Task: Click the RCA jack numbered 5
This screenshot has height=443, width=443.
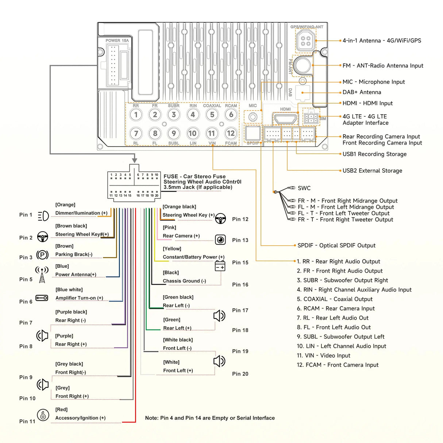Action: [212, 115]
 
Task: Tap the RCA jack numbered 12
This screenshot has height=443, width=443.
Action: [231, 134]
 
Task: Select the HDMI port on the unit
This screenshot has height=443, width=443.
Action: [285, 119]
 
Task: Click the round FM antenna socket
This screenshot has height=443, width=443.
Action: [302, 65]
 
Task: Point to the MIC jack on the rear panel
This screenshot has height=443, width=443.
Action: [253, 117]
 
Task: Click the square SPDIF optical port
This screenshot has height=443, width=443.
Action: [253, 134]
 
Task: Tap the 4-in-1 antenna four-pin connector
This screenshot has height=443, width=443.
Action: [305, 41]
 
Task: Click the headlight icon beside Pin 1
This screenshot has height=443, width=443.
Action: [43, 216]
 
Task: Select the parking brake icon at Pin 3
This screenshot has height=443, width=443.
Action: [43, 255]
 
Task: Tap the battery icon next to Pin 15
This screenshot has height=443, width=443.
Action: [220, 265]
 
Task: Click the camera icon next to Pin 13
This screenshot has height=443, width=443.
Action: [220, 239]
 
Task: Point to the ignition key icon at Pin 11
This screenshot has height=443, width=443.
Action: [43, 415]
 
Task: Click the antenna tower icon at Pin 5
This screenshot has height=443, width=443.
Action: [42, 275]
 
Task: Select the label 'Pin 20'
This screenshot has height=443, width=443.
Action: [240, 374]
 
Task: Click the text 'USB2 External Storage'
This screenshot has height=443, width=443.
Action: [372, 170]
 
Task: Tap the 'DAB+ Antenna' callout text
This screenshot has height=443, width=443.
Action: [362, 92]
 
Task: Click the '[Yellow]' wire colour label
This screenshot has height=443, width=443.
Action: [172, 249]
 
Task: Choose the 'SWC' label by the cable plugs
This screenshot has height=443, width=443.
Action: [304, 188]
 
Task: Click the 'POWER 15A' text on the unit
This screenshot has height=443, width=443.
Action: [117, 41]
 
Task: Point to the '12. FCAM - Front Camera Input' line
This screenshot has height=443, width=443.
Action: [338, 365]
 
